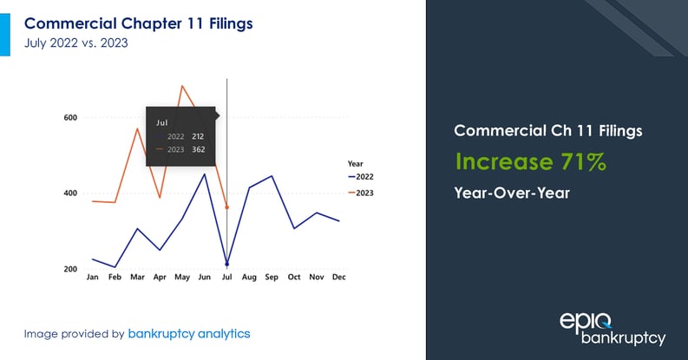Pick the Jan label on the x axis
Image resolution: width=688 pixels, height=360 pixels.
92,278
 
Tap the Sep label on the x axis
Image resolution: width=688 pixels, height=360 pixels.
272,278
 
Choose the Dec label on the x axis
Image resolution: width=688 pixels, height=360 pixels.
339,278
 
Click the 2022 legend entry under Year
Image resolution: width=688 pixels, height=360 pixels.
364,176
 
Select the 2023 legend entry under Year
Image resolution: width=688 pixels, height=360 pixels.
364,192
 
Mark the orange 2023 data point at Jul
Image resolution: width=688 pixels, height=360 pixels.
227,207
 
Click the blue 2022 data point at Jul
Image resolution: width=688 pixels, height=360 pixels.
227,265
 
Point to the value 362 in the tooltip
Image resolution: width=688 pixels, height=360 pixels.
199,150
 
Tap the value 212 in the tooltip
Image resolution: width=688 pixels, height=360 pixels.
199,137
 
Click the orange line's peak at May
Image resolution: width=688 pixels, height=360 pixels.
182,86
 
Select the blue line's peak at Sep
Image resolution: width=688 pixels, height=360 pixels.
272,176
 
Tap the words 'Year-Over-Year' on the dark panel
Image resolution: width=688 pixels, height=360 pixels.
512,193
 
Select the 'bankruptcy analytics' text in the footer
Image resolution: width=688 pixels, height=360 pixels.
188,333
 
